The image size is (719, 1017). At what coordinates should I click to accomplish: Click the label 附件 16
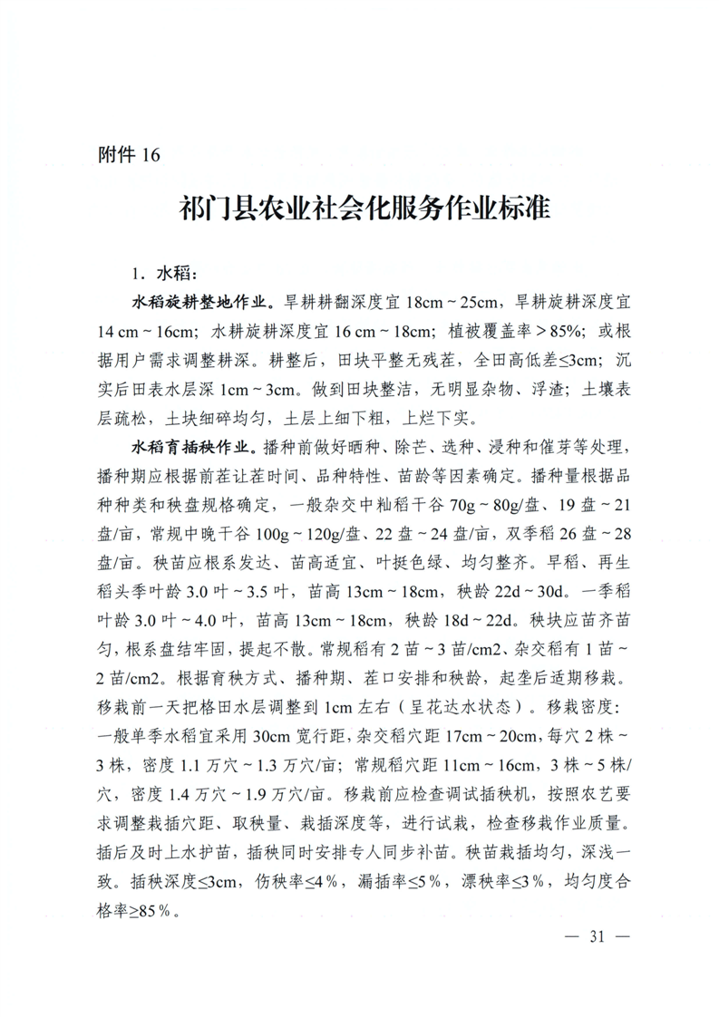(128, 155)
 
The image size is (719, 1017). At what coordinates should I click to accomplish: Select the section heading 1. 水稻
(163, 272)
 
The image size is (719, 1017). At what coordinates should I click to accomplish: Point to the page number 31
(595, 936)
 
